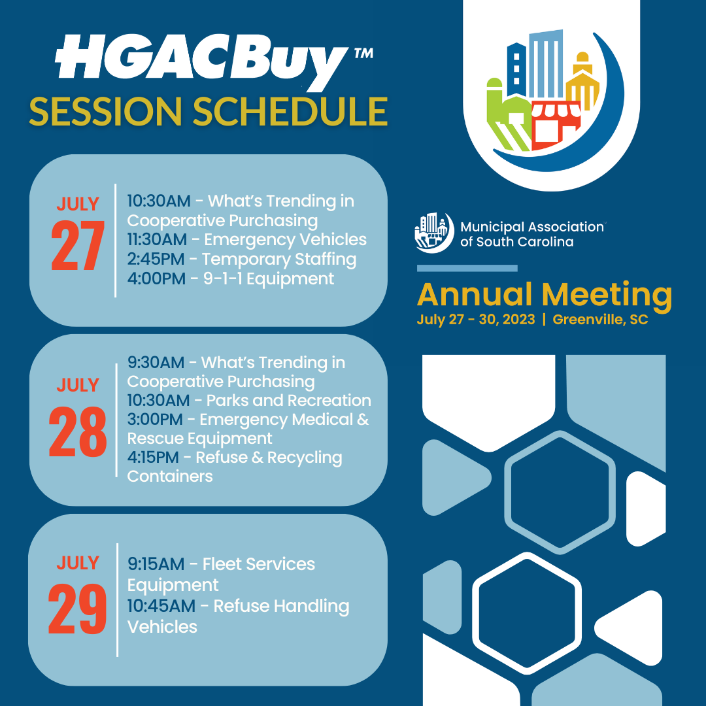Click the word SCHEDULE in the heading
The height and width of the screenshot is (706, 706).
[x=290, y=112]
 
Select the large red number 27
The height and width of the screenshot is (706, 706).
[x=78, y=246]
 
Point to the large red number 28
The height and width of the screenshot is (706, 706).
[x=77, y=432]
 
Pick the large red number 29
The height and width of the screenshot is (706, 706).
[x=77, y=609]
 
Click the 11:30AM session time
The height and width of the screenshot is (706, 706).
[x=157, y=239]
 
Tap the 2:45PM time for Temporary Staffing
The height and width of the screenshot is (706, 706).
[x=156, y=260]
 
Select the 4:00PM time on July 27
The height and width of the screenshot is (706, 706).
[x=156, y=278]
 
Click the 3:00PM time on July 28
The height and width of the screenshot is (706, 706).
[x=155, y=420]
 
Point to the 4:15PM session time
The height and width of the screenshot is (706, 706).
[x=153, y=458]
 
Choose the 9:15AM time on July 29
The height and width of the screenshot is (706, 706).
[x=156, y=564]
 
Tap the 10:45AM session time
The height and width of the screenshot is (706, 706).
[x=161, y=606]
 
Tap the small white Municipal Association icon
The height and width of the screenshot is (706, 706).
[x=434, y=232]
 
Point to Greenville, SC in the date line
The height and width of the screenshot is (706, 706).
[x=600, y=320]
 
